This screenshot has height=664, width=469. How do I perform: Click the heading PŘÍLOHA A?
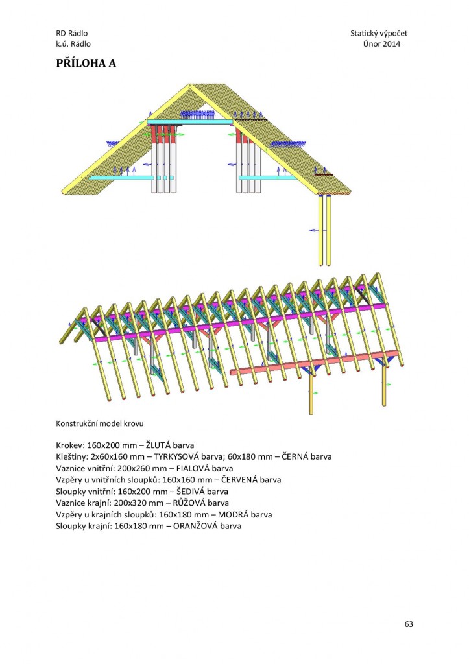[x=86, y=63]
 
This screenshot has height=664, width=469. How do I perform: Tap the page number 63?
[x=409, y=624]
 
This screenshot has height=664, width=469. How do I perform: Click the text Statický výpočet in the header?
[x=379, y=34]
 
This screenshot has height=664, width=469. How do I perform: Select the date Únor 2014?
[x=381, y=43]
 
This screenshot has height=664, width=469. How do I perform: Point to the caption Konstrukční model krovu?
[x=99, y=423]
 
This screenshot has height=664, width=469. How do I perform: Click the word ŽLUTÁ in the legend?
[x=158, y=445]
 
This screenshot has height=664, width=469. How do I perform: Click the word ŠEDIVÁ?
[x=190, y=492]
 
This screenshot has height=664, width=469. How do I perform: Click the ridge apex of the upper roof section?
[x=189, y=85]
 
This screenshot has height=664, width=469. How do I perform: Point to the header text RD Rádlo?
[x=72, y=33]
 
